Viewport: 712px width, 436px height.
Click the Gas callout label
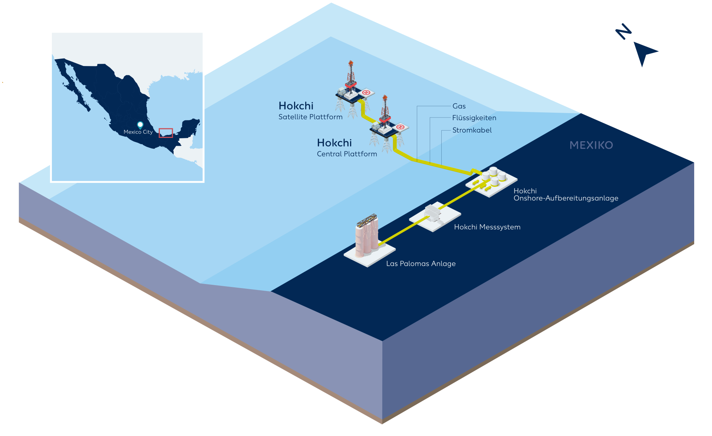click(459, 106)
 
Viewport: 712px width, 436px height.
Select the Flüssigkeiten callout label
click(474, 118)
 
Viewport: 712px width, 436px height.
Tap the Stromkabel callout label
click(472, 130)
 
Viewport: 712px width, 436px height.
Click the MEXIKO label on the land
click(591, 145)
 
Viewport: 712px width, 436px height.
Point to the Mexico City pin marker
click(140, 125)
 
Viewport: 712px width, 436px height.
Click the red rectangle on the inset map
click(166, 133)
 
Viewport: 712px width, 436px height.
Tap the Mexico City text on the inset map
click(138, 132)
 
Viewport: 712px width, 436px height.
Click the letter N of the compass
click(623, 32)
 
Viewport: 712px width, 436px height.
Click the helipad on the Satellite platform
click(366, 92)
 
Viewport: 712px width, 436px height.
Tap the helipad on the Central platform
click(400, 127)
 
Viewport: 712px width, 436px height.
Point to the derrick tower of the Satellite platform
click(350, 74)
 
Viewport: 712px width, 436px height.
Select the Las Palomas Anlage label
click(421, 264)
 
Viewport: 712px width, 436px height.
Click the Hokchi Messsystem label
click(487, 227)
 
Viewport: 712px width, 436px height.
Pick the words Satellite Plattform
click(310, 117)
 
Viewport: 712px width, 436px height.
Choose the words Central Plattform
click(347, 154)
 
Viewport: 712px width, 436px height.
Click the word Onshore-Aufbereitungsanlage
click(566, 198)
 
